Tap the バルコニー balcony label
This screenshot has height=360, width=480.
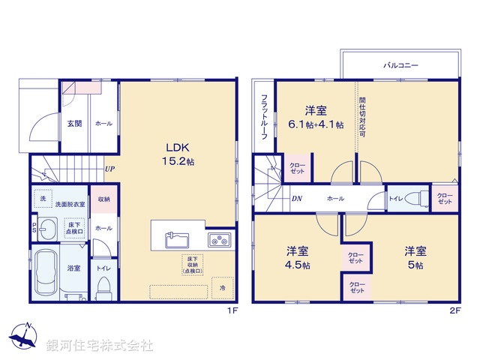(x=400, y=66)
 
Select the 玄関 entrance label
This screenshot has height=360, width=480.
(x=73, y=124)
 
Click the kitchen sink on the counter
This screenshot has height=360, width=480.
(x=178, y=241)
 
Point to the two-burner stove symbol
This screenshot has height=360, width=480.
(x=220, y=241)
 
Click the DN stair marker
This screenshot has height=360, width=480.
(x=296, y=199)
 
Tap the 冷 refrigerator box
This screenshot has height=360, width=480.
(x=221, y=288)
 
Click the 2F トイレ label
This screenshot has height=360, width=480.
(x=394, y=199)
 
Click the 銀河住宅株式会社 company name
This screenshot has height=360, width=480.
(x=100, y=346)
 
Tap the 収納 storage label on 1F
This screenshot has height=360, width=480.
(x=103, y=199)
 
